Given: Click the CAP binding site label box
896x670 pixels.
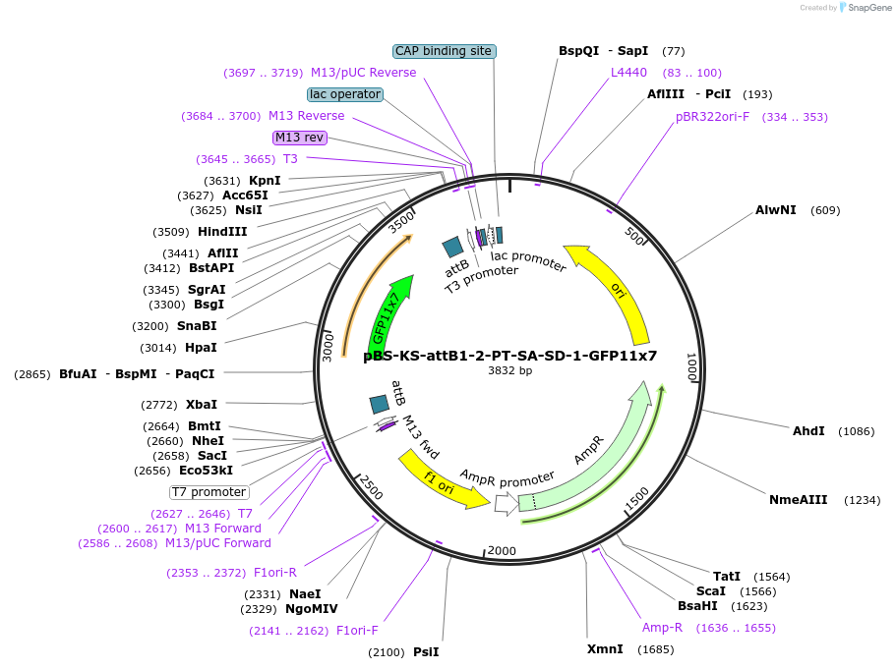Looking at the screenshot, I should coord(443,51).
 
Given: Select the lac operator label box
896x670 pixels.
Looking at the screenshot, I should coord(344,94).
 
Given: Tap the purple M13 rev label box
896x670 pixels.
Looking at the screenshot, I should coord(300,138).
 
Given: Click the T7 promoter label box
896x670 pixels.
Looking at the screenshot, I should coord(209,492).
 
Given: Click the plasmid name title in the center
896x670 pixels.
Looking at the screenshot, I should coord(509,356).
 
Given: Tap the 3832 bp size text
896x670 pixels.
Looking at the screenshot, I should coord(509,371).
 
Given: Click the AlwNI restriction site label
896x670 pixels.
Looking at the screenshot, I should coord(776,210).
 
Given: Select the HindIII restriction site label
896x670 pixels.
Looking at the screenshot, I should coord(221,232).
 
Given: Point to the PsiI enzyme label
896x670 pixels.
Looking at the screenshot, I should coord(426,652).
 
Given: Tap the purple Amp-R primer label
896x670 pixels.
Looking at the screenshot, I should coord(662,628).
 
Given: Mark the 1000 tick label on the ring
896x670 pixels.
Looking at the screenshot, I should coord(690,367).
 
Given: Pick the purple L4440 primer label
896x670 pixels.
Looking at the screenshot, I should coord(628,73).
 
